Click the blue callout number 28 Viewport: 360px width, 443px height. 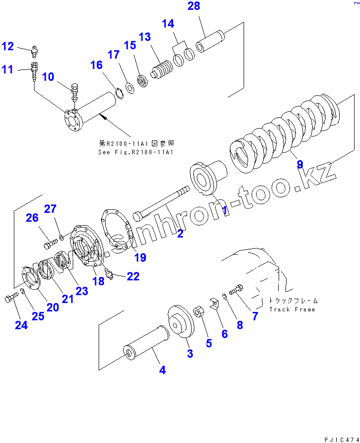click(x=194, y=6)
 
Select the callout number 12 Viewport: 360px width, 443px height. click(x=8, y=46)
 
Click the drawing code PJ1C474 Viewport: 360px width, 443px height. click(x=342, y=439)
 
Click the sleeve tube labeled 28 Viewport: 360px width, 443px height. click(x=210, y=42)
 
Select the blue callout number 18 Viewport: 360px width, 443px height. click(x=98, y=281)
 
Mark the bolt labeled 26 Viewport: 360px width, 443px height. click(x=48, y=242)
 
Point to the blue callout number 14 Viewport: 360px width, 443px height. click(x=168, y=23)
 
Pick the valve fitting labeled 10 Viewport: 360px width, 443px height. click(x=74, y=91)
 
